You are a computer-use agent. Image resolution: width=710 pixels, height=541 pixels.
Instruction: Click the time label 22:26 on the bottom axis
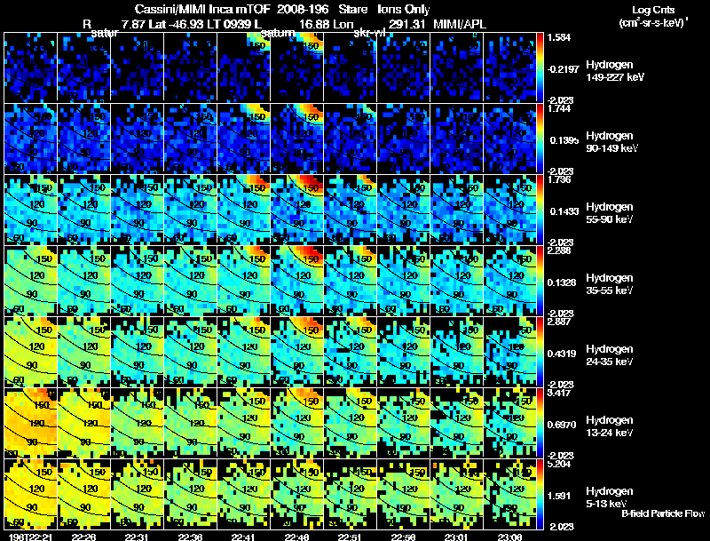[84, 536]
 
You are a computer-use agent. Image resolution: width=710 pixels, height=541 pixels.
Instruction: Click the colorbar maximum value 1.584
[561, 38]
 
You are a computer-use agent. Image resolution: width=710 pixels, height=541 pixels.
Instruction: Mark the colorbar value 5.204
[561, 464]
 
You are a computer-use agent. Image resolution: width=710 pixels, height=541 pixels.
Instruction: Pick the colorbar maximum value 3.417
[561, 393]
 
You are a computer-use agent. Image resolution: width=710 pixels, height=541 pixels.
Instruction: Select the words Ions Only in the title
[403, 8]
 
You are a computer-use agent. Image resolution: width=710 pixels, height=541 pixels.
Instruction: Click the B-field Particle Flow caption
[664, 513]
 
